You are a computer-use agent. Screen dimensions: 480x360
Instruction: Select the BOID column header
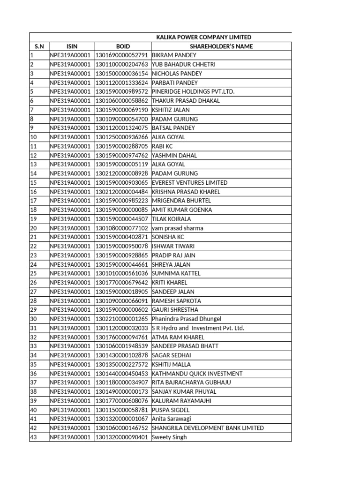pyautogui.click(x=123, y=46)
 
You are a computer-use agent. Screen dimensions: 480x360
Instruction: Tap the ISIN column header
pyautogui.click(x=72, y=46)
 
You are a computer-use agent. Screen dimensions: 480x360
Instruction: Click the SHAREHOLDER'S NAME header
pyautogui.click(x=221, y=46)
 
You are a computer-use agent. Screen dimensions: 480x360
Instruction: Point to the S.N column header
pyautogui.click(x=39, y=46)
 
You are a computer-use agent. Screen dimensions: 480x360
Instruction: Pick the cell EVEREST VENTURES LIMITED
pyautogui.click(x=189, y=183)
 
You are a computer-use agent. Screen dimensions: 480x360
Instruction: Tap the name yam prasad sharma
pyautogui.click(x=177, y=228)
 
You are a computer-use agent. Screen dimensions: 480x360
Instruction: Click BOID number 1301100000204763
pyautogui.click(x=122, y=65)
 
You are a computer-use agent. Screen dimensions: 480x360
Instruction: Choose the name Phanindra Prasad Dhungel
pyautogui.click(x=186, y=319)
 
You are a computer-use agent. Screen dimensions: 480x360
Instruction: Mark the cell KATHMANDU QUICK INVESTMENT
pyautogui.click(x=197, y=374)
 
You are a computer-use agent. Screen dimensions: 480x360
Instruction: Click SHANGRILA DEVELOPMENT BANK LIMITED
pyautogui.click(x=208, y=428)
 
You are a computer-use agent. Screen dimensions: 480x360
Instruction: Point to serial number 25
pyautogui.click(x=33, y=274)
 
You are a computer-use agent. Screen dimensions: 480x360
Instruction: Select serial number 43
pyautogui.click(x=33, y=437)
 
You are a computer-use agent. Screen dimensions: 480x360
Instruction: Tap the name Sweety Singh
pyautogui.click(x=169, y=437)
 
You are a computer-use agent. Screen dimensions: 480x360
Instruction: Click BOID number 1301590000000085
pyautogui.click(x=122, y=210)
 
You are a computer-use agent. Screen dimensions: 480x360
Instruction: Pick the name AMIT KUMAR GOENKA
pyautogui.click(x=182, y=210)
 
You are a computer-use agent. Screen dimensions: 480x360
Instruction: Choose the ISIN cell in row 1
pyautogui.click(x=72, y=55)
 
